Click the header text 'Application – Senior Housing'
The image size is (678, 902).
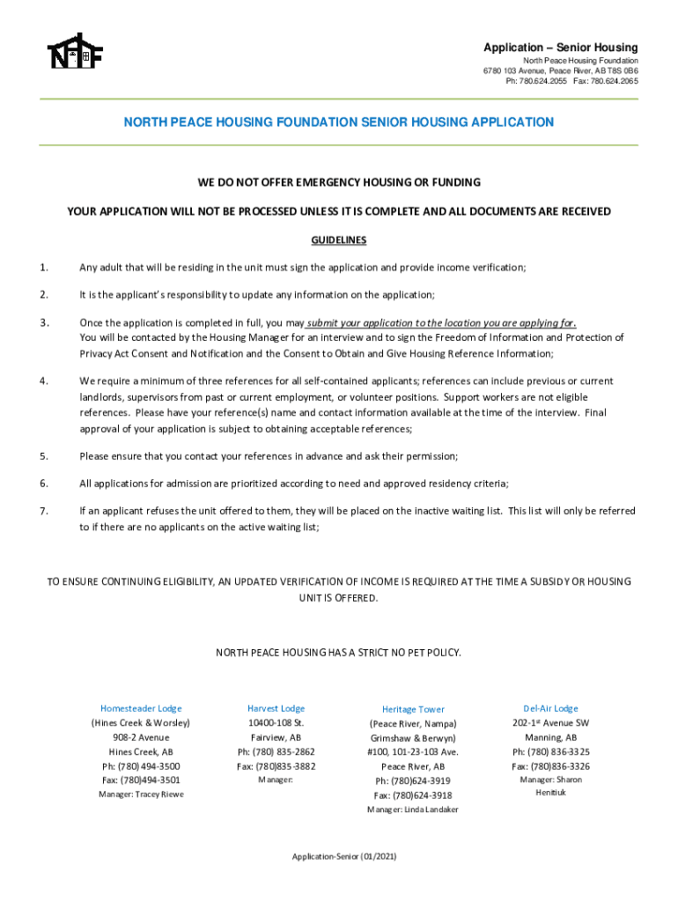pos(560,47)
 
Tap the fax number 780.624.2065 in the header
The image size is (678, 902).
pos(615,81)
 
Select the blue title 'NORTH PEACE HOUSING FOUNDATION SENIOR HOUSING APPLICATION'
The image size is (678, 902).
pos(338,122)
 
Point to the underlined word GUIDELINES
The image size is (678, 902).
pos(339,240)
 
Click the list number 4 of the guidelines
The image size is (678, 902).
pos(43,381)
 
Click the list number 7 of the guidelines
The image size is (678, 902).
pos(43,511)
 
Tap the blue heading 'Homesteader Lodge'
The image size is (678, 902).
pos(141,708)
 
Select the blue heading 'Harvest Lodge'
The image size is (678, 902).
pos(276,708)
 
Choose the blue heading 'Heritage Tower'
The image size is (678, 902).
pos(413,709)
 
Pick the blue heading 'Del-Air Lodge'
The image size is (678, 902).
pos(550,708)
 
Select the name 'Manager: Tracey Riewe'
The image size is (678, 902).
pos(141,795)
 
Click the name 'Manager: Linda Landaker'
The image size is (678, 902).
pos(413,810)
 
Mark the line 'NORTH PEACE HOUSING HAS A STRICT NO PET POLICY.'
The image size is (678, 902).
pos(339,653)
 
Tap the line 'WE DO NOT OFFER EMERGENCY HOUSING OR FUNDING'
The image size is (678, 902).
pos(339,182)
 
